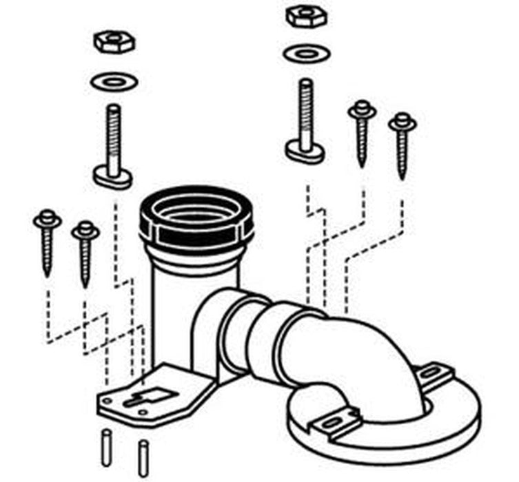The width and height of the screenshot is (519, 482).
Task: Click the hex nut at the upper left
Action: [x=114, y=42]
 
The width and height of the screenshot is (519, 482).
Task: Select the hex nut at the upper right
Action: [x=305, y=15]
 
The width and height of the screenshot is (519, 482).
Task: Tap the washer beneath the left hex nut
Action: [x=114, y=82]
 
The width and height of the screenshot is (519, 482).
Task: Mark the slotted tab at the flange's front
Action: [x=335, y=421]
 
